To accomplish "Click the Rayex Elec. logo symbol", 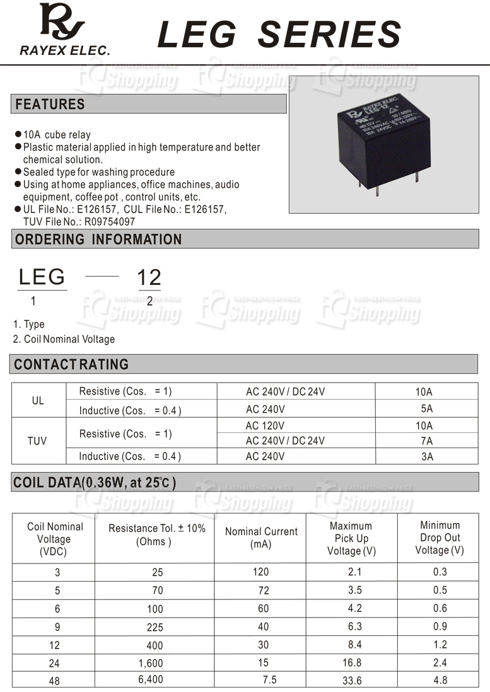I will point(61,23).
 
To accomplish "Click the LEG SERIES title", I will point(279,34).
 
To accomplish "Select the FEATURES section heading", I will point(50,104).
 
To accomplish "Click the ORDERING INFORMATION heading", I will point(98,239).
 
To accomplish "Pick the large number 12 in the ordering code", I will point(149,277).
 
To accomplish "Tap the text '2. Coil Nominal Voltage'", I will point(64,339).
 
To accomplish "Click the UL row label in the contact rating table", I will point(38,401).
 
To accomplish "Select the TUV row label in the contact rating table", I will point(37,441).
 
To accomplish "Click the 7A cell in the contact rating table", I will point(426,441).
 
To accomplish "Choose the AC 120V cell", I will point(265,425).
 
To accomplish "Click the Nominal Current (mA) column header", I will point(261,538).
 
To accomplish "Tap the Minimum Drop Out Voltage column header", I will point(440,538).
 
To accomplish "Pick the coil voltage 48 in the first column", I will point(54,681).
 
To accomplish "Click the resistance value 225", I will point(153,627).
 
